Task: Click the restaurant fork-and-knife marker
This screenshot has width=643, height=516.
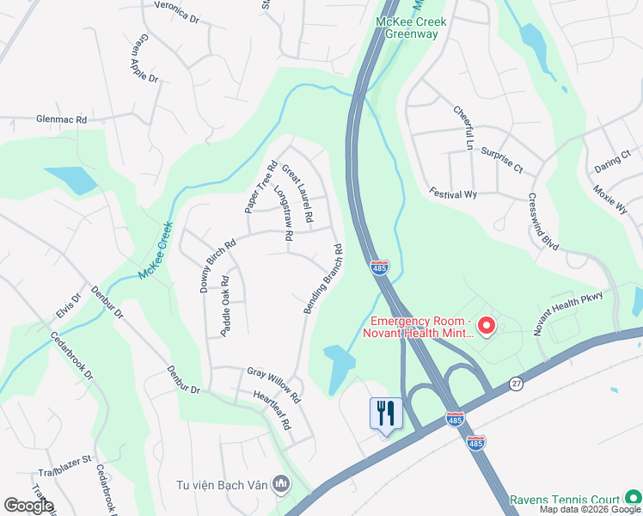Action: [385, 414]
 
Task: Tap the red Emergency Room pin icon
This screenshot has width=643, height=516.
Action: [486, 326]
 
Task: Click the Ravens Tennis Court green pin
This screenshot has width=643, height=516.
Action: [633, 498]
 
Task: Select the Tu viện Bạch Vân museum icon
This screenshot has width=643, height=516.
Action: [280, 485]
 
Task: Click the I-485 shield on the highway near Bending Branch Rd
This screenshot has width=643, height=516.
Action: [380, 267]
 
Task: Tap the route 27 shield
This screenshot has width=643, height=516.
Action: [516, 383]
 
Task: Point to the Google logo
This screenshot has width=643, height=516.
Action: [28, 506]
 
